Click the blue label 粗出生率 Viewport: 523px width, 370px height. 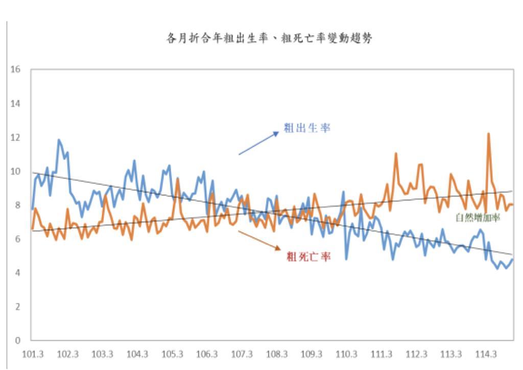click(x=307, y=128)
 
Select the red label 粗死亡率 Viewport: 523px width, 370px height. click(x=308, y=257)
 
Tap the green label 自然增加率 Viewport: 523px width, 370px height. click(x=478, y=218)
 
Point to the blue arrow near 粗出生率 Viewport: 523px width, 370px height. click(x=259, y=143)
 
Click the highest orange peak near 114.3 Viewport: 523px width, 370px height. click(x=489, y=134)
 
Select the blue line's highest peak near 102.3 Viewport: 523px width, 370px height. click(x=59, y=140)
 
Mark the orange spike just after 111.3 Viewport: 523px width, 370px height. click(x=396, y=153)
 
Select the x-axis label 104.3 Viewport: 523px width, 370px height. click(x=137, y=354)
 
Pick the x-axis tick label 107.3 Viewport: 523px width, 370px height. click(x=242, y=354)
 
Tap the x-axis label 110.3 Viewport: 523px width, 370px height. click(x=347, y=354)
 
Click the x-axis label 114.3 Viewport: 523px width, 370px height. click(x=486, y=354)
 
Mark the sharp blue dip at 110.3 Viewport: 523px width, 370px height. click(x=347, y=259)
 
